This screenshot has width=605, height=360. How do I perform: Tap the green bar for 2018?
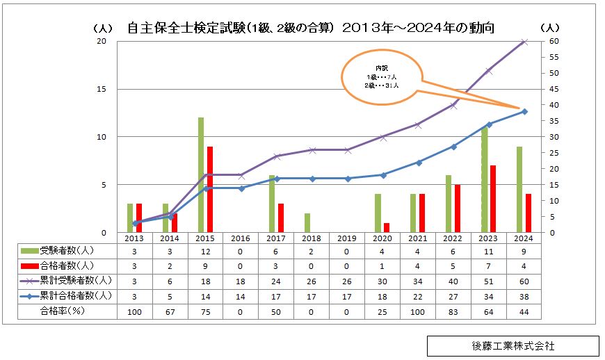[307, 222]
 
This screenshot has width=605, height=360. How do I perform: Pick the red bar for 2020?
[387, 227]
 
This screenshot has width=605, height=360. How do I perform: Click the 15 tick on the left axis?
[102, 89]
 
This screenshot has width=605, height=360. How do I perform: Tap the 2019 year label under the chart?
[346, 238]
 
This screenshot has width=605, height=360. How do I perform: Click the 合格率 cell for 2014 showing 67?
[170, 313]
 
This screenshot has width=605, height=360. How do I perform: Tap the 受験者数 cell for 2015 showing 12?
[205, 250]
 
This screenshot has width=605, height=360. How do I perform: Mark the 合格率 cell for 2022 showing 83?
[453, 313]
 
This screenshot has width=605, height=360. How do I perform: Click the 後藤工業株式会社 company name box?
[513, 345]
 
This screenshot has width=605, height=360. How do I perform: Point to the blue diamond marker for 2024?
[524, 111]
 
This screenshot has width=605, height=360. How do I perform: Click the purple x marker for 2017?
[276, 156]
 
